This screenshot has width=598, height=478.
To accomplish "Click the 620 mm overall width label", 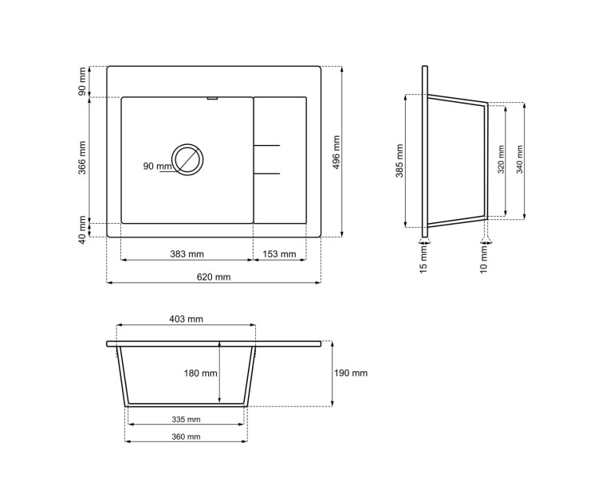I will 214,276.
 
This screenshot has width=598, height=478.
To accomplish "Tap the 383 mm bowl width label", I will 187,254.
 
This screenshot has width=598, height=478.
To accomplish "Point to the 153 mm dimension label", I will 279,254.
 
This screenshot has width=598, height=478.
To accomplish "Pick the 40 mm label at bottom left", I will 83,229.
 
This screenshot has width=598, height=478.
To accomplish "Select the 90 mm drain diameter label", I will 157,166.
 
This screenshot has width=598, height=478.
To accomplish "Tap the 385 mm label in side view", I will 399,160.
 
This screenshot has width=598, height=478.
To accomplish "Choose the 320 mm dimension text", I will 501,160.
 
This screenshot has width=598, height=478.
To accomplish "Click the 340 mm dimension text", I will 520,160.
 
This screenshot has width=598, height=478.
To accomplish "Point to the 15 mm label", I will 423,256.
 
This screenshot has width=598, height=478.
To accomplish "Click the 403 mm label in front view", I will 187,319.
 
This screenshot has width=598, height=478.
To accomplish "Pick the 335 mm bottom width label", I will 187,419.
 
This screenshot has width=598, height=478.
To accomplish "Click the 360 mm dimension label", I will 187,437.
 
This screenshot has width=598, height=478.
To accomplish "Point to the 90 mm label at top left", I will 83,81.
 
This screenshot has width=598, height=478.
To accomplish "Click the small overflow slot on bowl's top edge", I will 211,99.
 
